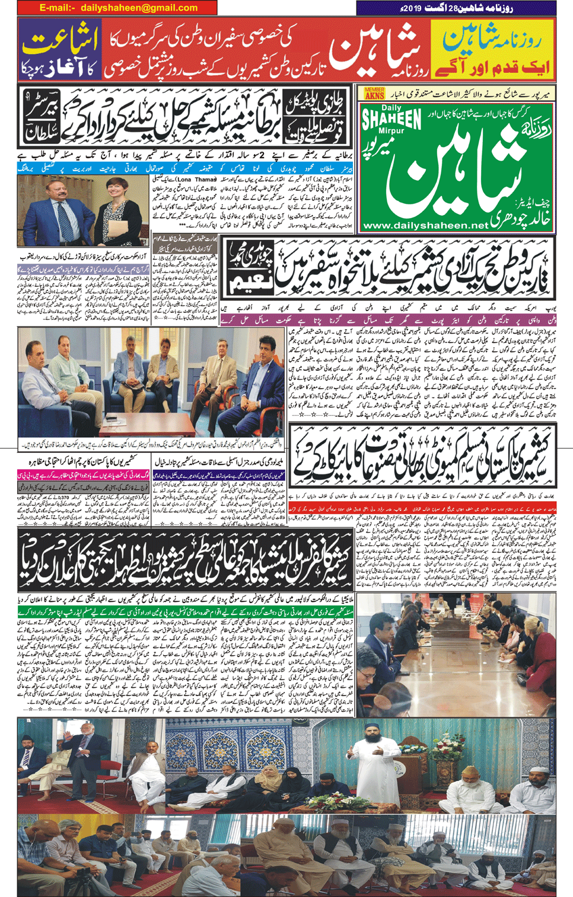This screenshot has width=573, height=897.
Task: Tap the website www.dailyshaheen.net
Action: click(425, 226)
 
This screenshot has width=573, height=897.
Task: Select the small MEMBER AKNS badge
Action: click(374, 93)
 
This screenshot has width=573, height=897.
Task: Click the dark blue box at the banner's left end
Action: click(59, 50)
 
